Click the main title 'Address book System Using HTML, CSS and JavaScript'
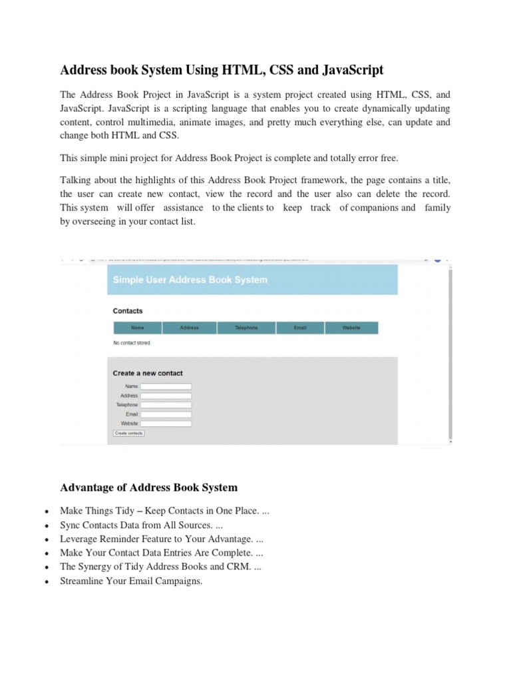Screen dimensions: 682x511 coord(222,70)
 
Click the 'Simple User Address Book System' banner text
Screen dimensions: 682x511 coord(190,280)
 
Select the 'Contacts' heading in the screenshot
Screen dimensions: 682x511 coord(128,311)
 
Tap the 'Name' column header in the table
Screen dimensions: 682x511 coord(138,328)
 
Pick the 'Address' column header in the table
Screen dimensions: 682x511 coord(189,328)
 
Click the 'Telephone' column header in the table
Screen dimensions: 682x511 coord(246,328)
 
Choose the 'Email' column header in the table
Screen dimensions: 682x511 coord(300,328)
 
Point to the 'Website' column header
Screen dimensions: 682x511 coord(351,328)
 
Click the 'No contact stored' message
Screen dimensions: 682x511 coord(132,343)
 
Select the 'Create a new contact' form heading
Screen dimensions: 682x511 coord(148,373)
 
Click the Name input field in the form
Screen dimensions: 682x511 coord(166,386)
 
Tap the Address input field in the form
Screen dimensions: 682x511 coord(166,396)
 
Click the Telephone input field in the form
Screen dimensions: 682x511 coord(166,405)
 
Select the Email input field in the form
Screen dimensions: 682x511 coord(166,414)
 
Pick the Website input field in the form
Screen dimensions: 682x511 coord(166,424)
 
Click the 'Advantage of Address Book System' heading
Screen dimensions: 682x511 coord(148,488)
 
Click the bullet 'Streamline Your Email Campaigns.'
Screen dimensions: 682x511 coord(131,581)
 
